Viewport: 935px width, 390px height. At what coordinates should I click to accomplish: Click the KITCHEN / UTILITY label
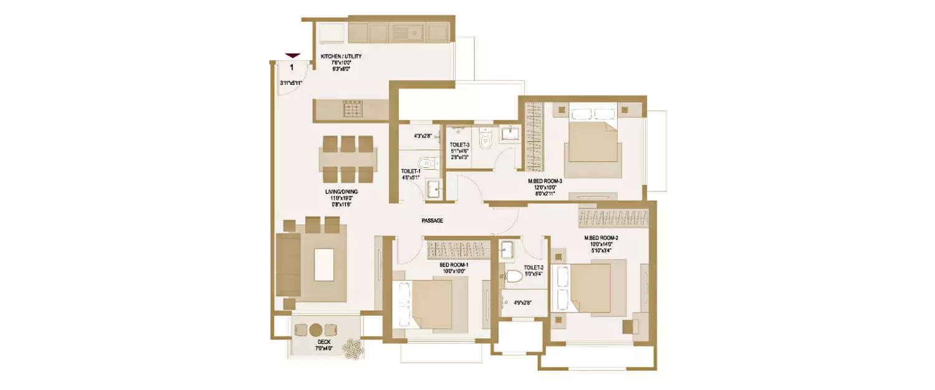(341, 57)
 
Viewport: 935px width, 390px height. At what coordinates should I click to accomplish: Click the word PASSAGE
(431, 221)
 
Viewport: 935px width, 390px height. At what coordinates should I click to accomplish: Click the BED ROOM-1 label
(454, 265)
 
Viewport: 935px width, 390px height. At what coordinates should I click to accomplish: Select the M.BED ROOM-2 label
(601, 238)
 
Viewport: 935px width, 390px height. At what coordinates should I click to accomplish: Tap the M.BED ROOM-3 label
(545, 182)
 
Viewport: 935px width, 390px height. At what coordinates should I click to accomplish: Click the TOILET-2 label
(533, 267)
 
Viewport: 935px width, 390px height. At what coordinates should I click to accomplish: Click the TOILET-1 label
(411, 170)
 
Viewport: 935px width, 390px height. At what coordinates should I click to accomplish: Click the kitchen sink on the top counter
(408, 31)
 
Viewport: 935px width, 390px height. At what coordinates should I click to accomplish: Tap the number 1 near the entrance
(292, 68)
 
